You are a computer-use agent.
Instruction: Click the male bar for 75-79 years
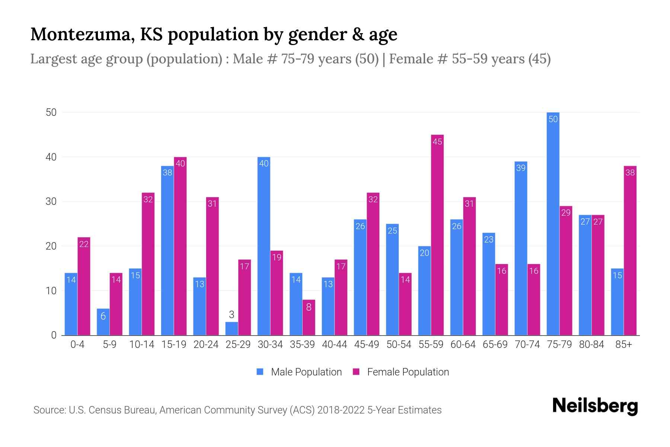coord(553,223)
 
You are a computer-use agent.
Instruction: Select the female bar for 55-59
coord(437,235)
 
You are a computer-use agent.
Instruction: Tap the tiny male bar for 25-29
coord(232,329)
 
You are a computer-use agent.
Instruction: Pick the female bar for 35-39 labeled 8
coord(309,317)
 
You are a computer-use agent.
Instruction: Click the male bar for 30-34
coord(264,246)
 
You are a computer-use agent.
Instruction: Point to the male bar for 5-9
coord(103,322)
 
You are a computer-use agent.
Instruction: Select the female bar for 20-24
coord(212,266)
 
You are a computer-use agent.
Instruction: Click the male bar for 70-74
coord(521,248)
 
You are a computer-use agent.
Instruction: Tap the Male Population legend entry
coord(299,372)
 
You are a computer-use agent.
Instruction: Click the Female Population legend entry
coord(401,372)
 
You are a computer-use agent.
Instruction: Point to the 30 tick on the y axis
coord(51,202)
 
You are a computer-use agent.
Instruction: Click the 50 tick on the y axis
coord(51,112)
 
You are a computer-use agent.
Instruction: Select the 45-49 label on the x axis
coord(366,345)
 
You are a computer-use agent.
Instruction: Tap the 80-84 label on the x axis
coord(591,345)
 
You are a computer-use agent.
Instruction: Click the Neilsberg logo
coord(595,406)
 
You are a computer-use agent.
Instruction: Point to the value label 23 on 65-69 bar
coord(488,240)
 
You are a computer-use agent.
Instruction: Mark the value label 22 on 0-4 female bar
coord(84,244)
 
